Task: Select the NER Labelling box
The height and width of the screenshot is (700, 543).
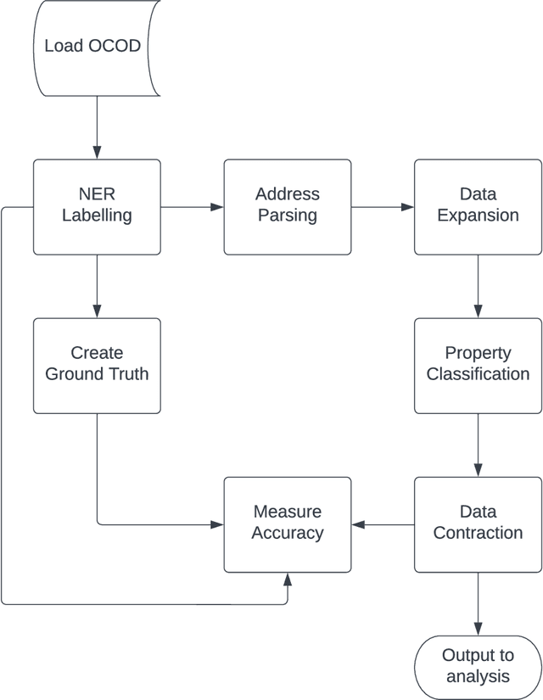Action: [97, 206]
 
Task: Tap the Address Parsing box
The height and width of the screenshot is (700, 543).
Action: [287, 206]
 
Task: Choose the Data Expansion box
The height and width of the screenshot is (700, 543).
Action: [478, 206]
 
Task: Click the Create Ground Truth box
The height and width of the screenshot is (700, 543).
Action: [97, 365]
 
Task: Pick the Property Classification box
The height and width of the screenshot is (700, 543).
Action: [478, 365]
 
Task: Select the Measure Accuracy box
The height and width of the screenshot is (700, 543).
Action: [287, 524]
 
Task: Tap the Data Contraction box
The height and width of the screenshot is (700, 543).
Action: [478, 524]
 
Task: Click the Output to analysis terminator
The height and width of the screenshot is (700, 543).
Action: [478, 666]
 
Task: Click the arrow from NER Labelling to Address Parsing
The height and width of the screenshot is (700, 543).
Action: [192, 206]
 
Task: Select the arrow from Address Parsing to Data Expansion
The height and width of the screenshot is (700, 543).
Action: [383, 206]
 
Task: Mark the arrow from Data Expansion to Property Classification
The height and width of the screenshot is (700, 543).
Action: [478, 286]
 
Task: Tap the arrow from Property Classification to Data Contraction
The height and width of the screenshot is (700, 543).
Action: [478, 445]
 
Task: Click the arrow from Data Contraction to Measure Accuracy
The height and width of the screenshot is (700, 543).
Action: [383, 524]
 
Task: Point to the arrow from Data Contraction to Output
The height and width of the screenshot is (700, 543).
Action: [478, 603]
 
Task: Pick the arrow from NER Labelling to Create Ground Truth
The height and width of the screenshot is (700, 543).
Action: [97, 286]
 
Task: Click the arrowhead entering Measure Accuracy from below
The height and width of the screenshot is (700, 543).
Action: [288, 579]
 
